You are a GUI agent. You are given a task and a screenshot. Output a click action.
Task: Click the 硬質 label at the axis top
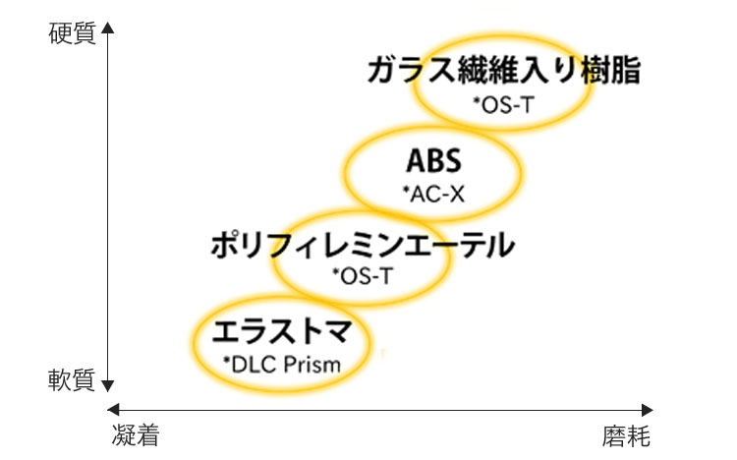coord(72,32)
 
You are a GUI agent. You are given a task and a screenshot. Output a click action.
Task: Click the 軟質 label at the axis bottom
coord(72,379)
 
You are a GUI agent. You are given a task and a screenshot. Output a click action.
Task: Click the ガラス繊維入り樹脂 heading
coord(504,72)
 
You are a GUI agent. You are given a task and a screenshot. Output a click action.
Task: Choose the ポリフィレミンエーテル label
coord(362,246)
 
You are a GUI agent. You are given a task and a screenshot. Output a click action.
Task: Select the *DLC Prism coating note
coord(281,365)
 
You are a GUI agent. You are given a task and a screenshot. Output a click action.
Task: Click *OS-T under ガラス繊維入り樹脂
coord(503,102)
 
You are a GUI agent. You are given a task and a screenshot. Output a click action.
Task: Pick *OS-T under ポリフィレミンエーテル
coord(362,276)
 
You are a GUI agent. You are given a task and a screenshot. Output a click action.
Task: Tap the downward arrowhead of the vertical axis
coord(107,385)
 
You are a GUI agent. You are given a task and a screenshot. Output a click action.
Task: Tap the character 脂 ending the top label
coord(626,72)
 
